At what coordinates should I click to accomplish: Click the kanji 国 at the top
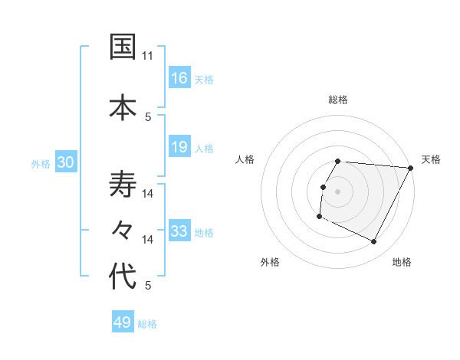pyautogui.click(x=123, y=47)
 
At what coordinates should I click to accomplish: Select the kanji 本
pyautogui.click(x=123, y=106)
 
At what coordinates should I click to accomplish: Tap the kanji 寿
pyautogui.click(x=123, y=185)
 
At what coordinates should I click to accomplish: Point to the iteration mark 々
pyautogui.click(x=123, y=229)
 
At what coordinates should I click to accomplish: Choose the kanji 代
pyautogui.click(x=123, y=277)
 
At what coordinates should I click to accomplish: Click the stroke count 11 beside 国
pyautogui.click(x=148, y=56)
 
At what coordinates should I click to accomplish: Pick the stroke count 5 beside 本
pyautogui.click(x=148, y=116)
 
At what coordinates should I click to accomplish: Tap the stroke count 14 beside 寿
pyautogui.click(x=148, y=194)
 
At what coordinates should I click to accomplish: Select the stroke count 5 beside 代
pyautogui.click(x=148, y=286)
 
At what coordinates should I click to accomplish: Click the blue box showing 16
pyautogui.click(x=179, y=77)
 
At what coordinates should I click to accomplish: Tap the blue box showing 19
pyautogui.click(x=179, y=147)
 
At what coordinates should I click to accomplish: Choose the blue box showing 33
pyautogui.click(x=179, y=231)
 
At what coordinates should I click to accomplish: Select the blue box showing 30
pyautogui.click(x=66, y=162)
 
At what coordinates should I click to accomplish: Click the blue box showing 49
pyautogui.click(x=123, y=322)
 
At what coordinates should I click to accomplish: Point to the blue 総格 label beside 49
pyautogui.click(x=147, y=324)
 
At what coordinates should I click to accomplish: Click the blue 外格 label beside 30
pyautogui.click(x=41, y=164)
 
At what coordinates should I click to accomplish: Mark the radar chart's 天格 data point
pyautogui.click(x=411, y=168)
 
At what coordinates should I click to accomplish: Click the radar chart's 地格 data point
pyautogui.click(x=374, y=242)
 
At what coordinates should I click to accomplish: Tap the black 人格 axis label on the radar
pyautogui.click(x=245, y=159)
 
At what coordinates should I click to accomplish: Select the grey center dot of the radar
pyautogui.click(x=337, y=191)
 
